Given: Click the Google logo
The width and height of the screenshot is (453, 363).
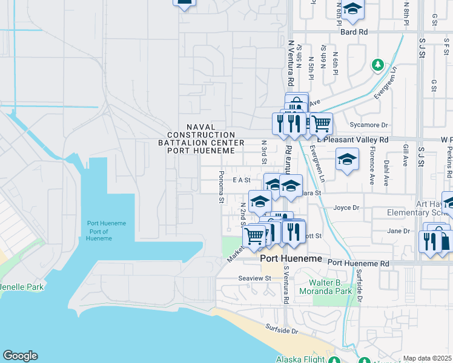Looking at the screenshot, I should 20,356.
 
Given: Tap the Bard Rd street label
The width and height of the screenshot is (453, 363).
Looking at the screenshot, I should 354,31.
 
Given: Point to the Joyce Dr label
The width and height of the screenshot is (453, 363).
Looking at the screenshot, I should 346,208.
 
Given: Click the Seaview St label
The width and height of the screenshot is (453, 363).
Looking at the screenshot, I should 254,278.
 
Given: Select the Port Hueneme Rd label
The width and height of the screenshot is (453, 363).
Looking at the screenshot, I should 358,264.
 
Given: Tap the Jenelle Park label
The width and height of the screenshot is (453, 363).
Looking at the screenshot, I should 21,287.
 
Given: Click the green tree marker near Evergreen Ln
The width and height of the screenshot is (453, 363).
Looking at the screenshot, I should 378,64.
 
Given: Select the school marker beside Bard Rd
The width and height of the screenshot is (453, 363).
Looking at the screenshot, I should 352,9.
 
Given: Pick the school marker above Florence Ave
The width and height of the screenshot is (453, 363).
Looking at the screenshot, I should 346,160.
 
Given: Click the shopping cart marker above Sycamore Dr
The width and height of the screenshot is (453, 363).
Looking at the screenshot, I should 321,123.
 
